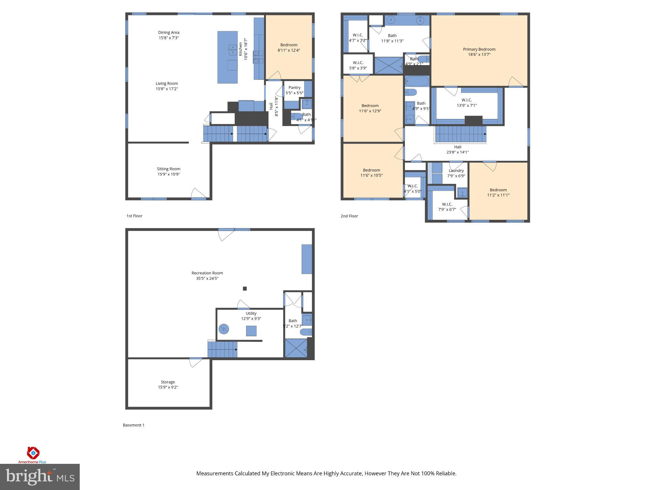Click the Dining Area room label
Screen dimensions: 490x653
(x=169, y=33)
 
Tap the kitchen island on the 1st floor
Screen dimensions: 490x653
(x=227, y=57)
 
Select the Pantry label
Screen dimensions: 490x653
(x=294, y=87)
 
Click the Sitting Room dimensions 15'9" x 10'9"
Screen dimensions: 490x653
(x=169, y=174)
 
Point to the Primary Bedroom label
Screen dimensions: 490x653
(x=479, y=49)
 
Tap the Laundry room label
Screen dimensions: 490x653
(x=456, y=171)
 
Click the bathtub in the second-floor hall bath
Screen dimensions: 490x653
(x=417, y=81)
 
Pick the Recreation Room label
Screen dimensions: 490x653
(x=207, y=273)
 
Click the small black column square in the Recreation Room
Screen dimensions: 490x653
(x=245, y=289)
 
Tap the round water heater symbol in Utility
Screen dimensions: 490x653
(x=224, y=329)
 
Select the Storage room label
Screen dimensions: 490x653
(x=168, y=382)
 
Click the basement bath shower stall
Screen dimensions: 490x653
(x=296, y=348)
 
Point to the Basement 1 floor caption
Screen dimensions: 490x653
(x=134, y=425)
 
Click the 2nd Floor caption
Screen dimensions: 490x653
(x=349, y=216)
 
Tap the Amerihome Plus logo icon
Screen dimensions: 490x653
(x=33, y=452)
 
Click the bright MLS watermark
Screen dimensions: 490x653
(x=40, y=477)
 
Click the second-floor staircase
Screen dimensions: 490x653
(x=461, y=134)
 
